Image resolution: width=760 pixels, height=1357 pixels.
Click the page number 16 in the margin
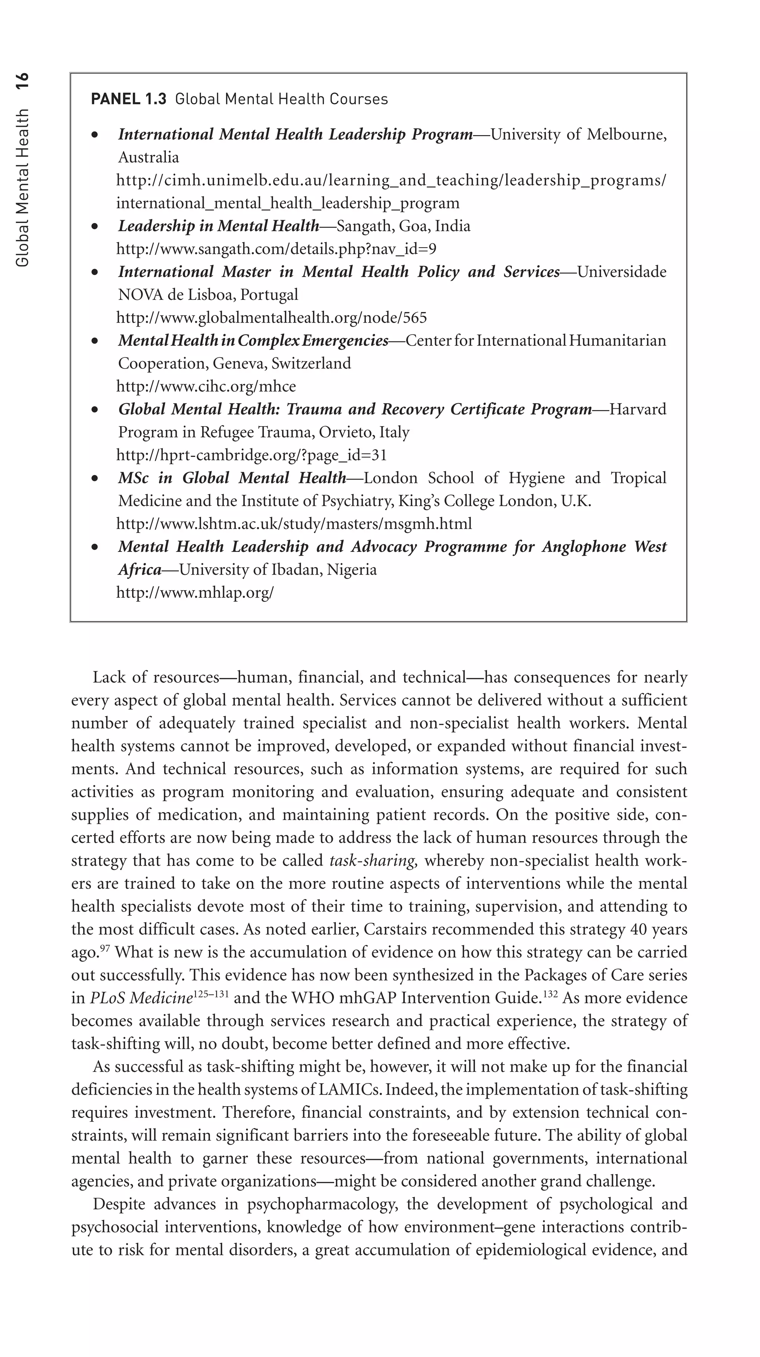pyautogui.click(x=22, y=83)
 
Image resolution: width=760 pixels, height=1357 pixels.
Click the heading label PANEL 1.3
pyautogui.click(x=128, y=99)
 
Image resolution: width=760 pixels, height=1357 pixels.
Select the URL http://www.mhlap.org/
pyautogui.click(x=195, y=593)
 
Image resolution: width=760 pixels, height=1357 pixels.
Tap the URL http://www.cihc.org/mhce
pyautogui.click(x=206, y=386)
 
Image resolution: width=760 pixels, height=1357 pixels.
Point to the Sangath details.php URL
pyautogui.click(x=276, y=249)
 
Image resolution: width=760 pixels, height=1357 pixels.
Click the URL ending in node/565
pyautogui.click(x=271, y=318)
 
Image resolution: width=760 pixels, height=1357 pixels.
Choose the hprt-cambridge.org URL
pyautogui.click(x=251, y=455)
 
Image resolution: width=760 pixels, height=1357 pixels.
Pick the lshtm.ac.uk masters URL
pyautogui.click(x=294, y=524)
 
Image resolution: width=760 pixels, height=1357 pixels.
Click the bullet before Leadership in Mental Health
pyautogui.click(x=95, y=226)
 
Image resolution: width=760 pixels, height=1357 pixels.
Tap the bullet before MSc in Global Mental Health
pyautogui.click(x=95, y=478)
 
